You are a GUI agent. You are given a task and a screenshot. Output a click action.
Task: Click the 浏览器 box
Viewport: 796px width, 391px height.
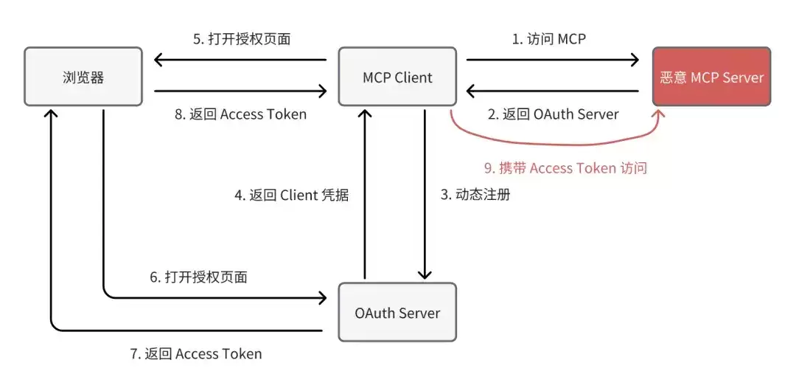[x=83, y=77]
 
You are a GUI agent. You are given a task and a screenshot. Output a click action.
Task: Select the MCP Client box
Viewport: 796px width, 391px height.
[x=397, y=77]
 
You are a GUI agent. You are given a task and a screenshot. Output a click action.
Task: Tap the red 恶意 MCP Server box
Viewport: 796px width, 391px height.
[x=712, y=77]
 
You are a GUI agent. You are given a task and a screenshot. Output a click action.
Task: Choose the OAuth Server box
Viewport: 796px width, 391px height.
[x=397, y=312]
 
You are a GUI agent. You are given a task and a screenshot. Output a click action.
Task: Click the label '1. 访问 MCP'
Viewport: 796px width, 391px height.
[x=549, y=39]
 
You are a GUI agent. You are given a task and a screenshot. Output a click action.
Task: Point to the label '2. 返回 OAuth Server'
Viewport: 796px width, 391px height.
[x=554, y=114]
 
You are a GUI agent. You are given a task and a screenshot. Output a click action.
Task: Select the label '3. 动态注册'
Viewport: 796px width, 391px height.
[x=475, y=195]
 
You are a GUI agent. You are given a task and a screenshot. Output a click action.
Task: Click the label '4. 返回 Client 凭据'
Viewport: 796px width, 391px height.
[x=292, y=195]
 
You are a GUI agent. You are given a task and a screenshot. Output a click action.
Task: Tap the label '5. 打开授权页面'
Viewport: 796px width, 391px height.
[x=242, y=39]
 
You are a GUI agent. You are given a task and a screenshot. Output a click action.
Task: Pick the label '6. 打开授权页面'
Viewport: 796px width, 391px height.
[x=198, y=277]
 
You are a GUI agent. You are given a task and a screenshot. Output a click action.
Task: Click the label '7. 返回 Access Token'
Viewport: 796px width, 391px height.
[x=197, y=353]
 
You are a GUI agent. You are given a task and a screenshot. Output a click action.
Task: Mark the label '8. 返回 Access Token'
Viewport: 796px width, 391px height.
[x=240, y=114]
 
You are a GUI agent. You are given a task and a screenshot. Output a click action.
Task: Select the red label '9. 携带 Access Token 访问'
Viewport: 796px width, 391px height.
[x=565, y=168]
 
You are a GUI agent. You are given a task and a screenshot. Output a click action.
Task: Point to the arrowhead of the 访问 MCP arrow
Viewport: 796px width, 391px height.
[x=635, y=60]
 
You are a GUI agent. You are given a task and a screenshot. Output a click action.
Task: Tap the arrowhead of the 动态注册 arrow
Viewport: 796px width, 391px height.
[x=425, y=274]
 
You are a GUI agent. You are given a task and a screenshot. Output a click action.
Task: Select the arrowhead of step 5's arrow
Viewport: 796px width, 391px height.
[x=158, y=60]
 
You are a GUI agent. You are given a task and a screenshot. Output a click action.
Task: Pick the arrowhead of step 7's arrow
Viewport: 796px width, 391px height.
[x=51, y=113]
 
